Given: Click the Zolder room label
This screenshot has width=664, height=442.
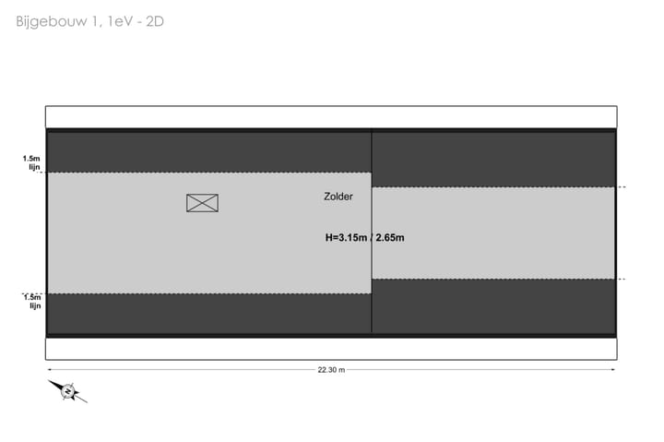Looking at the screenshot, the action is [338, 197].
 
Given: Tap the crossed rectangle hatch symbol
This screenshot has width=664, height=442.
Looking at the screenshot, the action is [202, 203].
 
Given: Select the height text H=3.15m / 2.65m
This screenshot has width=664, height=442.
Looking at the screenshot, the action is [364, 237].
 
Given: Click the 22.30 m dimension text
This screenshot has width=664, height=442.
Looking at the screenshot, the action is [331, 370].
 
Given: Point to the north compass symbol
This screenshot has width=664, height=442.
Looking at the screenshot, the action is [67, 391].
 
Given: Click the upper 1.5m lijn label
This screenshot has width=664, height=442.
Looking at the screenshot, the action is [32, 162].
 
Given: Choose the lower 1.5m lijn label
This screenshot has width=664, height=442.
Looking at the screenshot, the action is [32, 302].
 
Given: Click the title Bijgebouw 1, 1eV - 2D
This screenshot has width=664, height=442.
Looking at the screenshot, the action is [89, 21].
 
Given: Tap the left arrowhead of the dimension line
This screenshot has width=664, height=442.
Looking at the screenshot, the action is [49, 369].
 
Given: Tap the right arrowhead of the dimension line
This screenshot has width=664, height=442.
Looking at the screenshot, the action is [612, 369].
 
